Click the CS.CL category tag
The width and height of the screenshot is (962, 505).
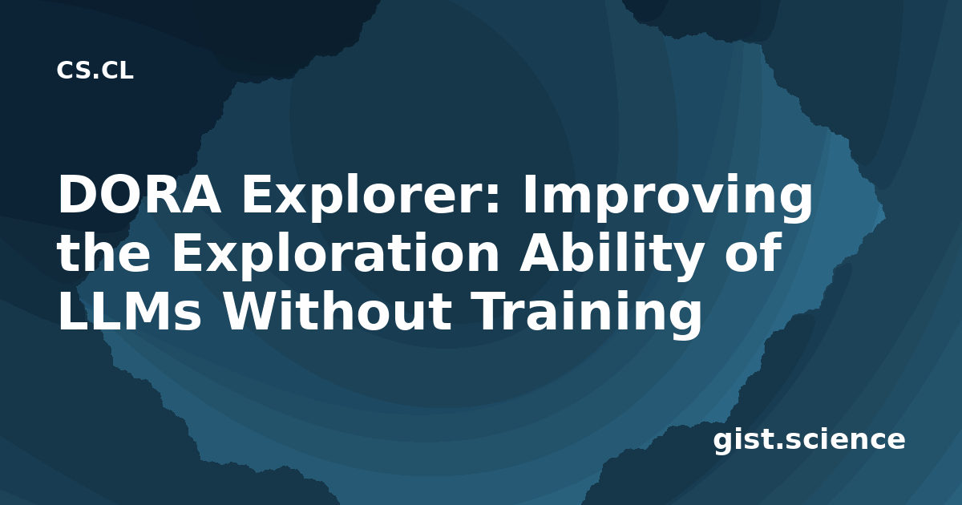[x=95, y=71]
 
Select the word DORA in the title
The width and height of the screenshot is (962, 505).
[x=139, y=194]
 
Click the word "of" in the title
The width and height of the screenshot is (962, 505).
[x=752, y=252]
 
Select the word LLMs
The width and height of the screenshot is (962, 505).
[x=129, y=311]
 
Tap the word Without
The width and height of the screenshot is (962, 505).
[x=338, y=310]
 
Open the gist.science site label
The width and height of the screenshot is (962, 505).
[x=809, y=441]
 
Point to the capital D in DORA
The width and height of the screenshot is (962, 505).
[x=75, y=194]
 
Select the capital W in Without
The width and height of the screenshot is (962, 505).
[x=254, y=311]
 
